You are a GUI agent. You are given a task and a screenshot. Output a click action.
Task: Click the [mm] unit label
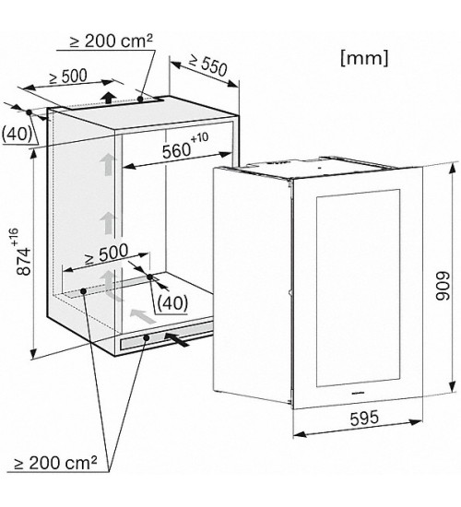point(364,59)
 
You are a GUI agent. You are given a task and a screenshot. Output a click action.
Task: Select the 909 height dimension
point(443,287)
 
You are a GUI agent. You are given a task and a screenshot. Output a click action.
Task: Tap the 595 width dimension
point(364,418)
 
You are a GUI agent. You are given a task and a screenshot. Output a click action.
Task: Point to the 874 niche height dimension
point(23,253)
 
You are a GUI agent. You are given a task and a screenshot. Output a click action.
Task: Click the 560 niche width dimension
point(185,147)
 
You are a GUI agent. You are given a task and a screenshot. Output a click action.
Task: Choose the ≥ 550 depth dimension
point(208,65)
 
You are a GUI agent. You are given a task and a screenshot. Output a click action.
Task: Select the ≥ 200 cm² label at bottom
point(55,464)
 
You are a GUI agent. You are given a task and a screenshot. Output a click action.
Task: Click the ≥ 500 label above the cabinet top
point(68,77)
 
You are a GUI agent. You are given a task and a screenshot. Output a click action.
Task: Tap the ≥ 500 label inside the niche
point(106,254)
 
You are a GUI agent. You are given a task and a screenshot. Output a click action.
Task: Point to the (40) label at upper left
point(17,135)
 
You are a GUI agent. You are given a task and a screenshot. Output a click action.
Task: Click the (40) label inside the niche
point(172,303)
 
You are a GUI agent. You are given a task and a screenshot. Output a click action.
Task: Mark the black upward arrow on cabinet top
point(110,97)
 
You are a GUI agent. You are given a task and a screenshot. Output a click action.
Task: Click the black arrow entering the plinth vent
point(177,339)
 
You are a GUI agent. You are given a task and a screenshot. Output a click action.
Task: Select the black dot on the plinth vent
point(147,338)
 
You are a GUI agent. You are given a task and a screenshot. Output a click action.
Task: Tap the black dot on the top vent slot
point(140,99)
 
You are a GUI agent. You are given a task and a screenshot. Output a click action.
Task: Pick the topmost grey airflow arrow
point(107,165)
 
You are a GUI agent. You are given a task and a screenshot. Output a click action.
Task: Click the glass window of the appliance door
point(358,288)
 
